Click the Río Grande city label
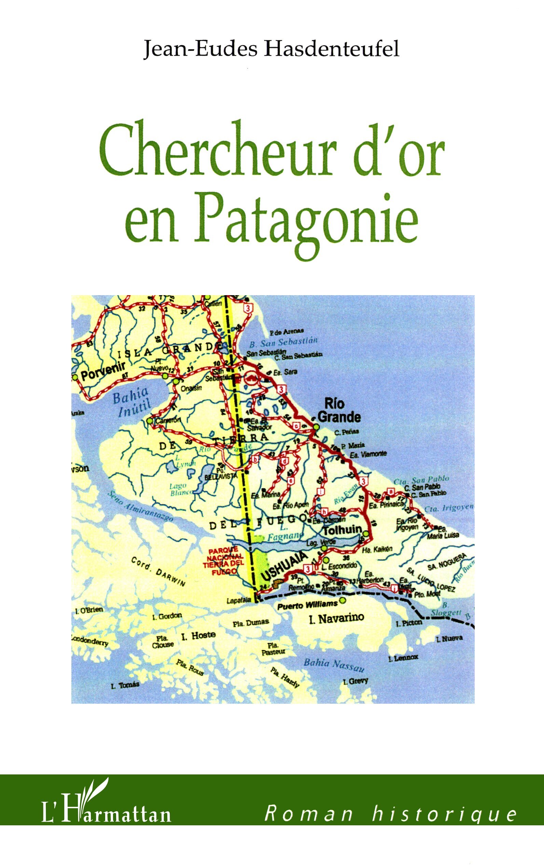338,411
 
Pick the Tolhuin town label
342,529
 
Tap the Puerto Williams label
307,605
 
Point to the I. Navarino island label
336,619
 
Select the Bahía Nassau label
334,665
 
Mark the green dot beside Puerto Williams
343,600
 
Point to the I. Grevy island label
355,681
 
